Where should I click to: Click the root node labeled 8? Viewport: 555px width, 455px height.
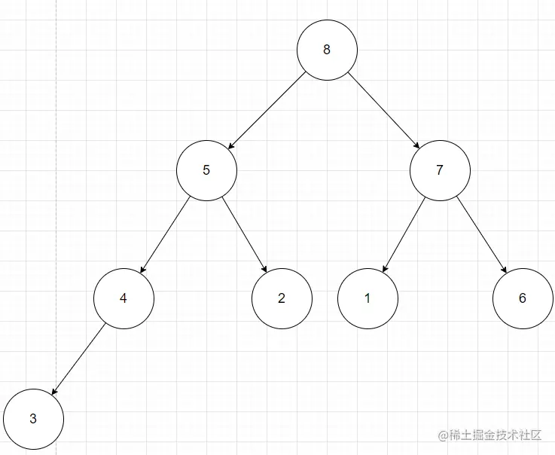[326, 50]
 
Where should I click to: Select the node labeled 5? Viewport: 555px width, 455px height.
[206, 169]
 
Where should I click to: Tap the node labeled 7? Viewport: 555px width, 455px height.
[440, 169]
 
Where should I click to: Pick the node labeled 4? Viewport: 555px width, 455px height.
[123, 298]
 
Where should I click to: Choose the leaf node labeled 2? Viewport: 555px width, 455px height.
[281, 298]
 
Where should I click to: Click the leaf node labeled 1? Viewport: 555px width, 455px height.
[367, 298]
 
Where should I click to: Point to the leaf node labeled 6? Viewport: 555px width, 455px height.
[523, 298]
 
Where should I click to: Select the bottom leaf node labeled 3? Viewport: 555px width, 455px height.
[33, 419]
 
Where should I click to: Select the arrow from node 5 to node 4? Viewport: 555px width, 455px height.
[165, 234]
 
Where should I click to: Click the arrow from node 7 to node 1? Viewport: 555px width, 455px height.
[404, 234]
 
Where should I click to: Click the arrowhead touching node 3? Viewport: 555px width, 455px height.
[53, 393]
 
